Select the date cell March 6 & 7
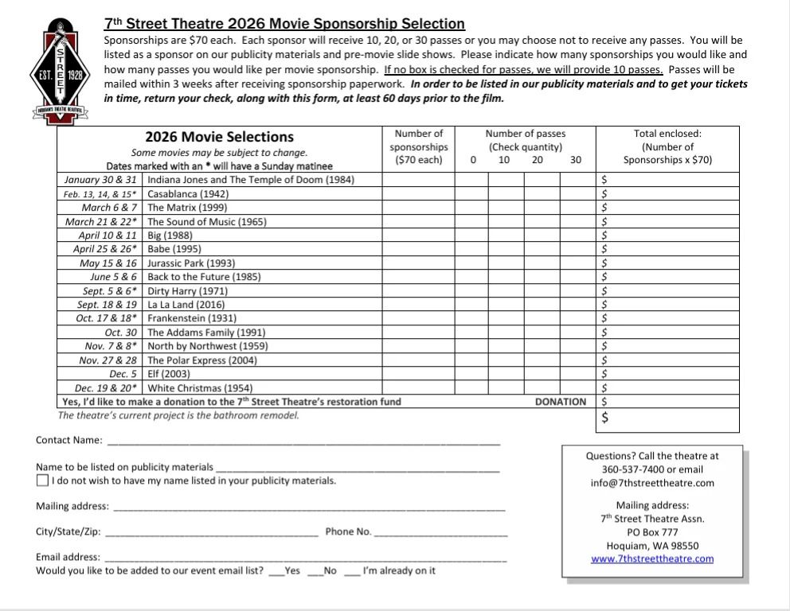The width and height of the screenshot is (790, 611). pos(110,208)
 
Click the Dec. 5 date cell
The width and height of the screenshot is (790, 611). pos(123,374)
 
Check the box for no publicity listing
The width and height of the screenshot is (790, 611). pos(42,481)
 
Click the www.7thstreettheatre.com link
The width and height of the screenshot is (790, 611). pos(652,558)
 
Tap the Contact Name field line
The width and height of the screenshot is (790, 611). pos(303,441)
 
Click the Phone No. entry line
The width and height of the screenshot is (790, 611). pos(440,532)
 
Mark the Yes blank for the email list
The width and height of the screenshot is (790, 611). pos(276,571)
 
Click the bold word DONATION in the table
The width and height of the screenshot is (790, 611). pos(560,403)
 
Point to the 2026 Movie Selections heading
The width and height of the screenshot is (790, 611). pos(219,137)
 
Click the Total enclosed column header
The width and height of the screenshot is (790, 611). pos(667,146)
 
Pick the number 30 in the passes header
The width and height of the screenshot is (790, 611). pos(576,160)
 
